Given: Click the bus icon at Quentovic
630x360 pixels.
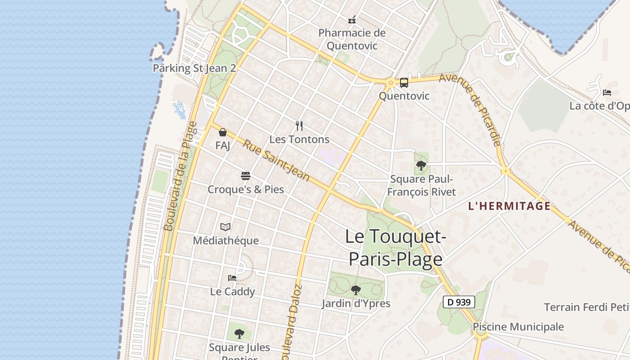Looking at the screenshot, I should click(404, 82).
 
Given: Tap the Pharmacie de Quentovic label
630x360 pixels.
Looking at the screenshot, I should click(352, 39).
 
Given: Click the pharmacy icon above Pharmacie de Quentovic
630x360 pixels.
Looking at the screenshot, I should click(352, 19).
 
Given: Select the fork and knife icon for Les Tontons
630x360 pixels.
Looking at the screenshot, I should click(299, 126).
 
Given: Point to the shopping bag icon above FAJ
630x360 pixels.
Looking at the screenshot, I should click(222, 132).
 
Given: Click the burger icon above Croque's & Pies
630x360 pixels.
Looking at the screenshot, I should click(245, 175).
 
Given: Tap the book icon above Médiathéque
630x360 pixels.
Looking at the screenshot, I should click(225, 227).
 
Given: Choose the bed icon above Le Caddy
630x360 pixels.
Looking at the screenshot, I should click(232, 278).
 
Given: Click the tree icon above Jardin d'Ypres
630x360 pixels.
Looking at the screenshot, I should click(356, 290).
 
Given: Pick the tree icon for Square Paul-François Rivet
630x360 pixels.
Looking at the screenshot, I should click(421, 166).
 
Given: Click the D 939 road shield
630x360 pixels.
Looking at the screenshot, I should click(459, 302).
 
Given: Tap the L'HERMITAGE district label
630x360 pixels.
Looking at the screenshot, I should click(509, 206).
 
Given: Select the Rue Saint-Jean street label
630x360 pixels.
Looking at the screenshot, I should click(276, 161).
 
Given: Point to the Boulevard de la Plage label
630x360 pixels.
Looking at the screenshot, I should click(180, 176).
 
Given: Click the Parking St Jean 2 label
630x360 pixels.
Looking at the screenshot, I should click(194, 68).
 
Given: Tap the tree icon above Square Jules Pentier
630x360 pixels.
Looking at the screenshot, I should click(239, 333).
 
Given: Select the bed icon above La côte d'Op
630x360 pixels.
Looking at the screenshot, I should click(607, 93).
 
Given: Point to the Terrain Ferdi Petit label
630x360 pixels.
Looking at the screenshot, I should click(586, 307).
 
